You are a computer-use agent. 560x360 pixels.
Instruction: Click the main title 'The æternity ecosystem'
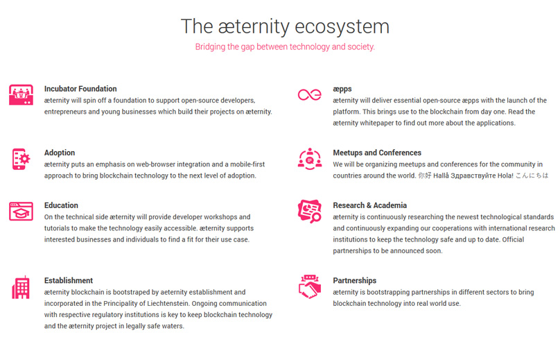285,26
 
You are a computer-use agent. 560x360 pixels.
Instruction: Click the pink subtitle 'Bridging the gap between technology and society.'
285,47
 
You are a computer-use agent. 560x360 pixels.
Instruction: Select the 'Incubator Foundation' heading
80,89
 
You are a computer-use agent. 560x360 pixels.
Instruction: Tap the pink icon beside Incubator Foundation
21,95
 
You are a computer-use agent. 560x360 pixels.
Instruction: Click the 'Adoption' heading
60,153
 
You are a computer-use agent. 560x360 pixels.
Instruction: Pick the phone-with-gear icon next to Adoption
21,159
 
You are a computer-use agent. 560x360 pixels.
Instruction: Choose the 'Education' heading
61,205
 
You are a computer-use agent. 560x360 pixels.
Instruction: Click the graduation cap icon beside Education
21,212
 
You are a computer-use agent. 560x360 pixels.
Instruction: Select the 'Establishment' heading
69,280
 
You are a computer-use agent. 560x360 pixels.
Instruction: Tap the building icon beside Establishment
21,287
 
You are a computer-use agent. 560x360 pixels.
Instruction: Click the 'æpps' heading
342,89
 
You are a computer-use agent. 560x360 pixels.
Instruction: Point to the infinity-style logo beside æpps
310,95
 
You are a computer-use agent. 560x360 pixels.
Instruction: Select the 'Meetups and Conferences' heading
377,153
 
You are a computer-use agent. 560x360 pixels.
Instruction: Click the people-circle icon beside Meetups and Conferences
310,159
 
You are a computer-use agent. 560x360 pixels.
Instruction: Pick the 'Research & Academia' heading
369,205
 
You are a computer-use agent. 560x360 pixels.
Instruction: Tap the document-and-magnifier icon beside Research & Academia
310,212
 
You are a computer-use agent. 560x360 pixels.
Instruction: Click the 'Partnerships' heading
355,281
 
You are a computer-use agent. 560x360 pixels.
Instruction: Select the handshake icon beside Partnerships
310,286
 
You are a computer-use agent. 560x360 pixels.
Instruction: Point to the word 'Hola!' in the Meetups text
504,175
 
